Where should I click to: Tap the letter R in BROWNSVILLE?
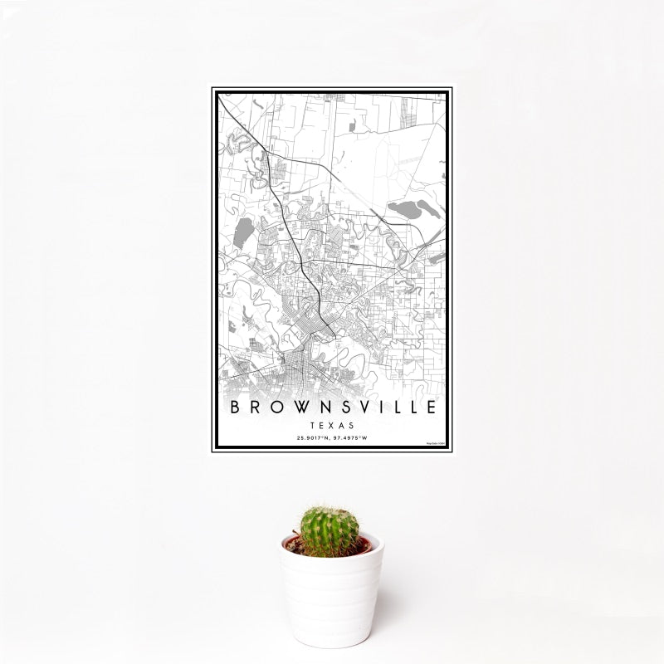pyautogui.click(x=252, y=408)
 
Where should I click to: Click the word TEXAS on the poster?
pyautogui.click(x=332, y=423)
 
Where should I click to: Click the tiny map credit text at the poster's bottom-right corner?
pyautogui.click(x=437, y=445)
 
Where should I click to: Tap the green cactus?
pyautogui.click(x=330, y=531)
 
